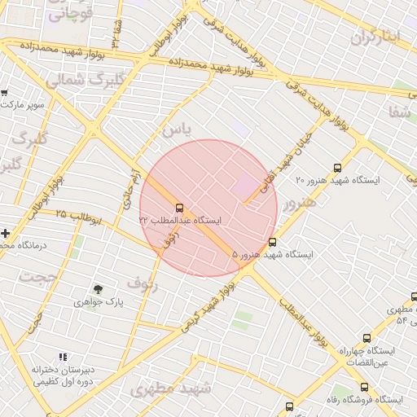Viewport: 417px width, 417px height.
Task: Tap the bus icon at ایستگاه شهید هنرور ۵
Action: [272, 241]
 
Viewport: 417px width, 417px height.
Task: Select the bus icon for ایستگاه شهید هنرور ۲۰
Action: [338, 168]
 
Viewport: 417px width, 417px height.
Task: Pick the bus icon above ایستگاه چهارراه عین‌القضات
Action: [367, 338]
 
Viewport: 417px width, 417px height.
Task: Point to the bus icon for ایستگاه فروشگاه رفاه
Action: [364, 388]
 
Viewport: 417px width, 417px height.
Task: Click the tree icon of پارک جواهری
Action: [99, 289]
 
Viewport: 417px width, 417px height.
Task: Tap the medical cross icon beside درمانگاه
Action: [6, 233]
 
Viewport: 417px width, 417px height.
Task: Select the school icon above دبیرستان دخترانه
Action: [63, 357]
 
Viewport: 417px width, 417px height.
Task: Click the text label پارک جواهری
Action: [99, 301]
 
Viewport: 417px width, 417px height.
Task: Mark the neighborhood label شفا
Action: [400, 112]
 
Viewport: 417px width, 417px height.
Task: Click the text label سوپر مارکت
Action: [29, 105]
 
